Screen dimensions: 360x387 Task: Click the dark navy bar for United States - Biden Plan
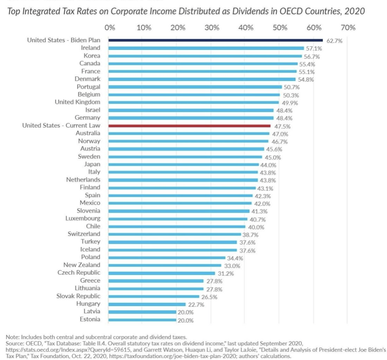[x=215, y=40]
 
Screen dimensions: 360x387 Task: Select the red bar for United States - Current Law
[x=189, y=126]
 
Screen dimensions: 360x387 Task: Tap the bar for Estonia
[x=142, y=320]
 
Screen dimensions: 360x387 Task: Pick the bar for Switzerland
[x=175, y=234]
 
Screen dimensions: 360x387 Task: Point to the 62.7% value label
[x=334, y=41]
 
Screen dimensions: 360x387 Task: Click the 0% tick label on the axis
[x=109, y=28]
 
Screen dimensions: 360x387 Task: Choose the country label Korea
[x=92, y=55]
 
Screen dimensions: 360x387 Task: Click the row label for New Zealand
[x=82, y=265]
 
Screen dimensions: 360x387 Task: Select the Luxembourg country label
[x=83, y=218]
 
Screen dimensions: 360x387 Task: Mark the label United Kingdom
[x=77, y=102]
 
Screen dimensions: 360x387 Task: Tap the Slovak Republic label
[x=78, y=296]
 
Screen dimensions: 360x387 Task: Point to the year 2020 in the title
[x=355, y=11]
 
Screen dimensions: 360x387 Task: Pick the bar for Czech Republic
[x=162, y=273]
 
